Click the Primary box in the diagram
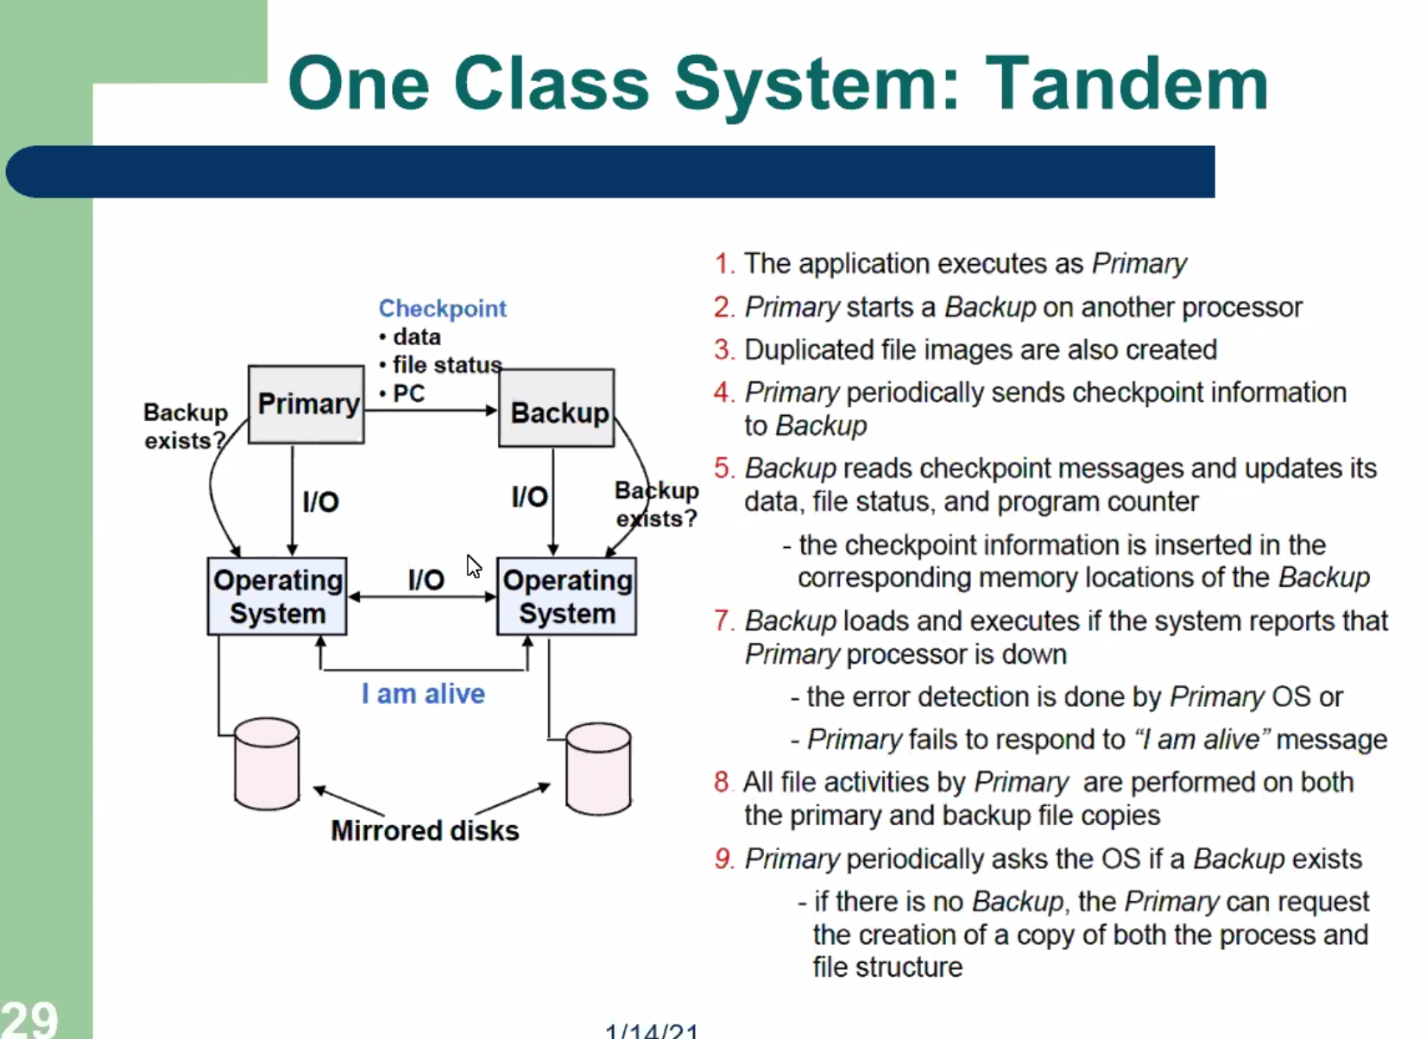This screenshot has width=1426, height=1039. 306,404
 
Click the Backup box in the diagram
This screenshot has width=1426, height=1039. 557,409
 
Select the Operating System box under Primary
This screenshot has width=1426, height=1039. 277,596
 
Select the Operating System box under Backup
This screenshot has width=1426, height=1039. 566,596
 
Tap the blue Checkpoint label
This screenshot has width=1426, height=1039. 442,309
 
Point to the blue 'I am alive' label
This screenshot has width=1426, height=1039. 423,694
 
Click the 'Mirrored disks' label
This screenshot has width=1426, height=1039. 425,830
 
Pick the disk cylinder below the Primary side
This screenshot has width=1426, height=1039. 267,764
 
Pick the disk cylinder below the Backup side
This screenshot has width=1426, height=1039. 598,769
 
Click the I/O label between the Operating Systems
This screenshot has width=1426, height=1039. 426,579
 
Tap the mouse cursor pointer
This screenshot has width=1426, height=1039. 473,566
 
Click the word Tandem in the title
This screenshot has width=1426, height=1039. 1126,85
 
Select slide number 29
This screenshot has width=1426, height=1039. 29,1019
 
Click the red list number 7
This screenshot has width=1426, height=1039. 723,620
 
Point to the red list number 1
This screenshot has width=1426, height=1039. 723,263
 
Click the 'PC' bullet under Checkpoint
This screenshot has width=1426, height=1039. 408,394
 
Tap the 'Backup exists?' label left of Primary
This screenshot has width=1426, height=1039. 185,426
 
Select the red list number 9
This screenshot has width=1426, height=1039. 723,859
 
